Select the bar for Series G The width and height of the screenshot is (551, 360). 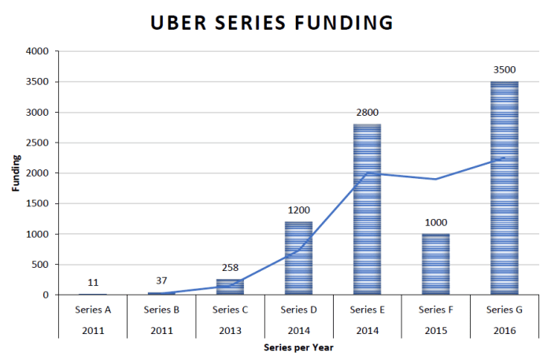504,189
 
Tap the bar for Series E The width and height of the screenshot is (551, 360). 367,210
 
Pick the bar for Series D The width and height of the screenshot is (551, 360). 298,258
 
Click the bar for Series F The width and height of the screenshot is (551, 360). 435,265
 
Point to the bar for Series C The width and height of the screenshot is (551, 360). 230,288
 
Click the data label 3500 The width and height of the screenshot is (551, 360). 504,70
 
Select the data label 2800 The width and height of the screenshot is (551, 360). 367,113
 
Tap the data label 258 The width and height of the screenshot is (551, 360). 230,268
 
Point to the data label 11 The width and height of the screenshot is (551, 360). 93,282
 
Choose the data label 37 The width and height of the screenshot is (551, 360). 161,281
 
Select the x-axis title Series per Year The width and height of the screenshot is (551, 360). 298,347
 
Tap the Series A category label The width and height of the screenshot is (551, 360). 93,310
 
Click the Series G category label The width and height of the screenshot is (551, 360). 504,310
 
